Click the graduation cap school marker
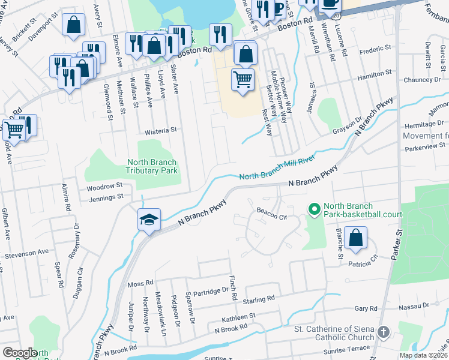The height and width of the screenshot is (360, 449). [148, 220]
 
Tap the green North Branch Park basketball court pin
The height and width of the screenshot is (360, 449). [313, 209]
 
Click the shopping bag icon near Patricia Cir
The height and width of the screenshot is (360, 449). [356, 238]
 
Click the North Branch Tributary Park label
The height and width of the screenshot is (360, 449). [152, 166]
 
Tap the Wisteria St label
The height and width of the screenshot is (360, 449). [161, 130]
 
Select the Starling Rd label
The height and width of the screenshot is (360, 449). [259, 298]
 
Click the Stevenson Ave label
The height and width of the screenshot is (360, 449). [27, 255]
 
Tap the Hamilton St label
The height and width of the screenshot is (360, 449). [374, 73]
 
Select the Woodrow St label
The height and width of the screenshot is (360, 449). [104, 186]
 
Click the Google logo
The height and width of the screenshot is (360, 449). [20, 352]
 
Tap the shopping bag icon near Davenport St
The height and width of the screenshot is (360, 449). [73, 26]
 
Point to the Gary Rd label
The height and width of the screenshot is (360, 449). [366, 308]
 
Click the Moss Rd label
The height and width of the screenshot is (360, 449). [140, 283]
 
